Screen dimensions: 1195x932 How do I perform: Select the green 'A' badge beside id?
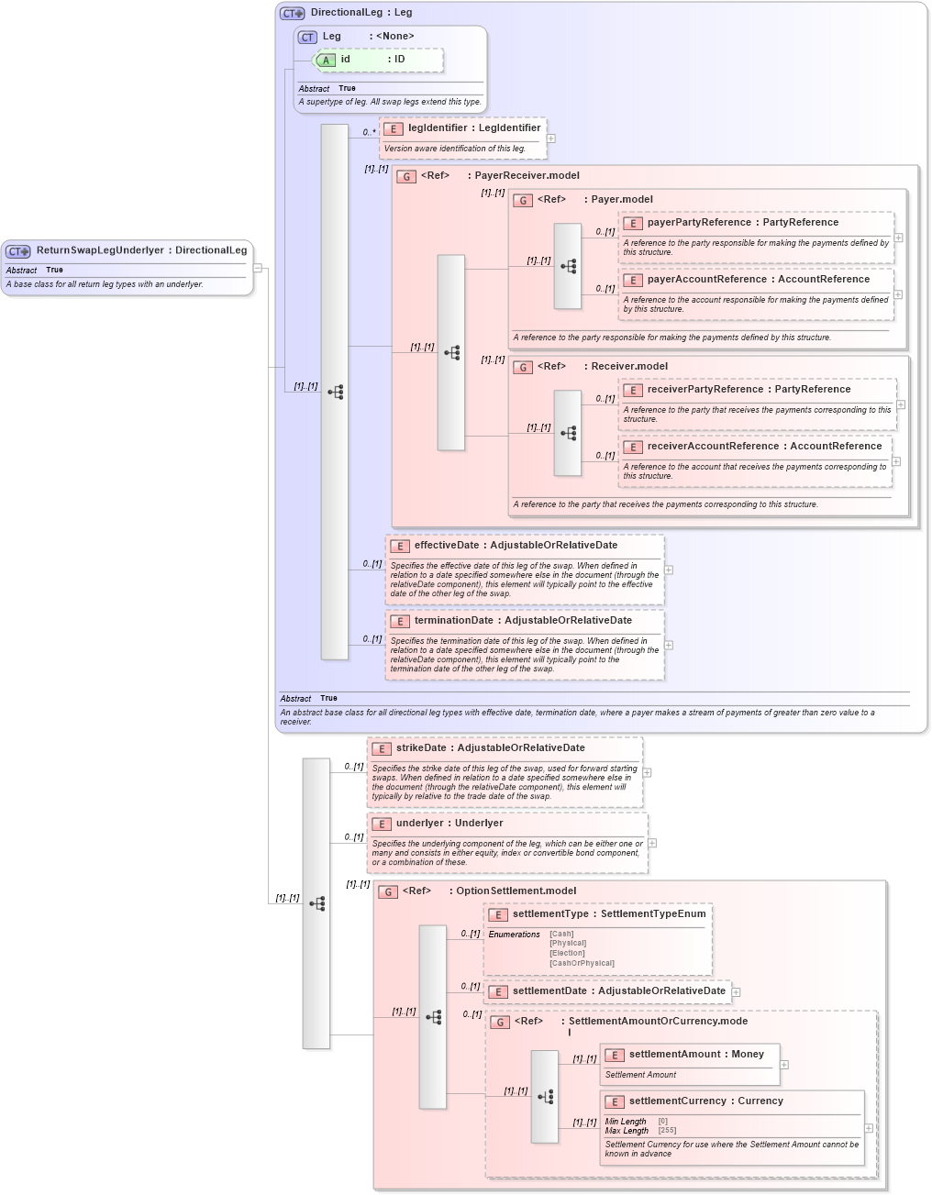[326, 61]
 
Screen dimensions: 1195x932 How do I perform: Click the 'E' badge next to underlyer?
[382, 824]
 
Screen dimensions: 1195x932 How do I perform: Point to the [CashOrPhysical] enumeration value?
[582, 963]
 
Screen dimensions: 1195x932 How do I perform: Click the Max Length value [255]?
[667, 1130]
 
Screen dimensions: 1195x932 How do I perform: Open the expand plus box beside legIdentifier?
[551, 138]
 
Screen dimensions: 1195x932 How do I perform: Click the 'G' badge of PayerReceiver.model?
[406, 177]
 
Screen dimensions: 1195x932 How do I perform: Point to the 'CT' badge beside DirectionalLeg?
[292, 14]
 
